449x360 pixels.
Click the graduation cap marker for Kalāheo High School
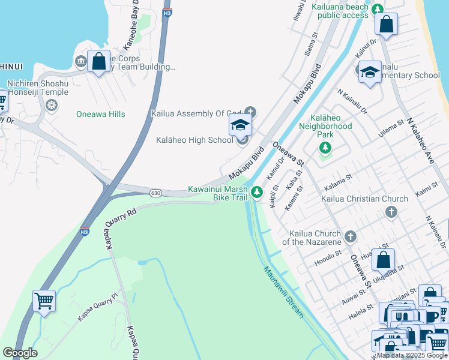coord(240,126)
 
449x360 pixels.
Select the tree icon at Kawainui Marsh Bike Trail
coord(257,192)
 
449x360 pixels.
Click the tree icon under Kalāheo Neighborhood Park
coord(325,147)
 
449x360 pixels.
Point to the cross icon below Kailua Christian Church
coord(391,211)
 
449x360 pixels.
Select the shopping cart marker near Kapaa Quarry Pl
coord(44,301)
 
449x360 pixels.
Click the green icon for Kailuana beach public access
coord(377,9)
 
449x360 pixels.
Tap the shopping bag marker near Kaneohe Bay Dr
coord(98,61)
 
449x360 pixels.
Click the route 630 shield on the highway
coord(155,193)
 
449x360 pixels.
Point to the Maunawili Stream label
coord(283,293)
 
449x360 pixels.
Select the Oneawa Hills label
coord(100,114)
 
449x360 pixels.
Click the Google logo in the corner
coord(20,353)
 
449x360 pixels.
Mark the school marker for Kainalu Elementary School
coord(370,72)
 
